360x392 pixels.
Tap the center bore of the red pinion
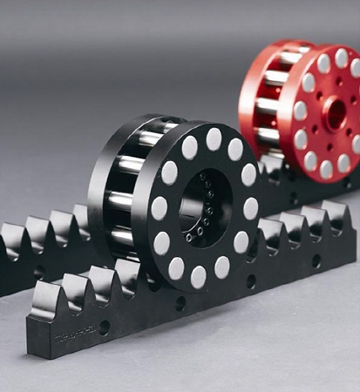point(332,112)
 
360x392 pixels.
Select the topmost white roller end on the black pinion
point(214,139)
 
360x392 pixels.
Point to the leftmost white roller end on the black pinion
point(159,208)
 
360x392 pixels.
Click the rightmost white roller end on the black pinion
point(251,207)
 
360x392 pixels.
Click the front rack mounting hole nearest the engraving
point(104,328)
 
